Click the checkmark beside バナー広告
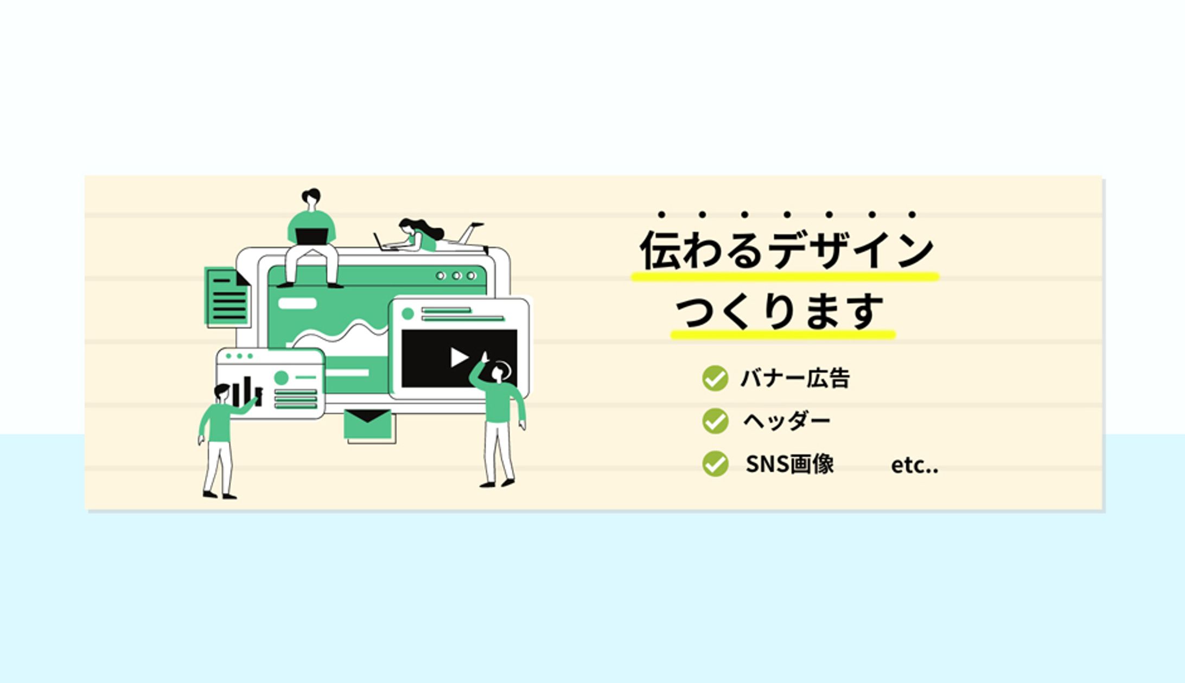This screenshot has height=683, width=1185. pos(715,378)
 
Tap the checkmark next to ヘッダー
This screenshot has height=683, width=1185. pos(715,421)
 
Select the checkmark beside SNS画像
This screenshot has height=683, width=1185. pos(715,464)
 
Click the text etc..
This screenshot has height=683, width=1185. pos(914,465)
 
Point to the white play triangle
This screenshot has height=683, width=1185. pos(458,358)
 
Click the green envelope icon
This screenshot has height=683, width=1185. pos(367,424)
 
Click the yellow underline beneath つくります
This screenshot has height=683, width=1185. pos(782,335)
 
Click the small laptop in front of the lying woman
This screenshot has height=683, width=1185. pos(380,242)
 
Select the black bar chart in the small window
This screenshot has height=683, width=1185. pos(247,391)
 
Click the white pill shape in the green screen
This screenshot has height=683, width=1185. pos(297,303)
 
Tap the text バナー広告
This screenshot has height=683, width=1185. pos(795,378)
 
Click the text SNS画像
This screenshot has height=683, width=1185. pos(789,464)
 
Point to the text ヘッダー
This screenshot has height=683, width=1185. pos(786,421)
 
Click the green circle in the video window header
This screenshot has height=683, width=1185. pos(407,314)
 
